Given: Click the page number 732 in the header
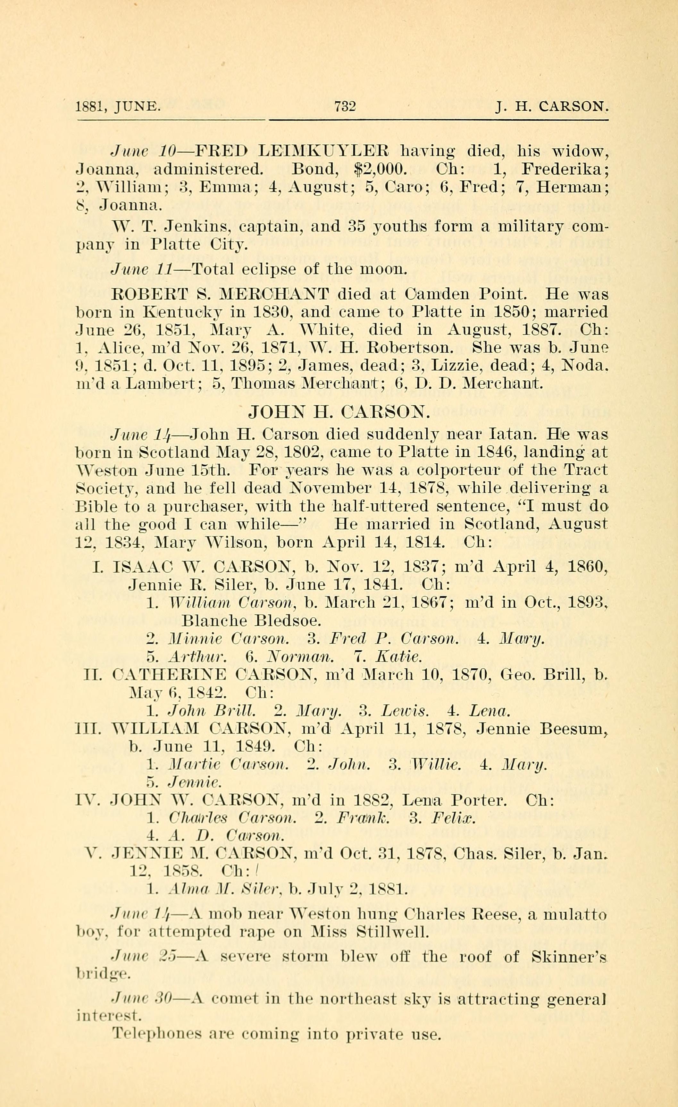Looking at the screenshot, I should point(345,106).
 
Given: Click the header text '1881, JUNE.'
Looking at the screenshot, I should point(118,107).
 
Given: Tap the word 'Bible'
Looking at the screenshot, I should point(94,506).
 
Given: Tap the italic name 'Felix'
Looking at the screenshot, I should point(453,818).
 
